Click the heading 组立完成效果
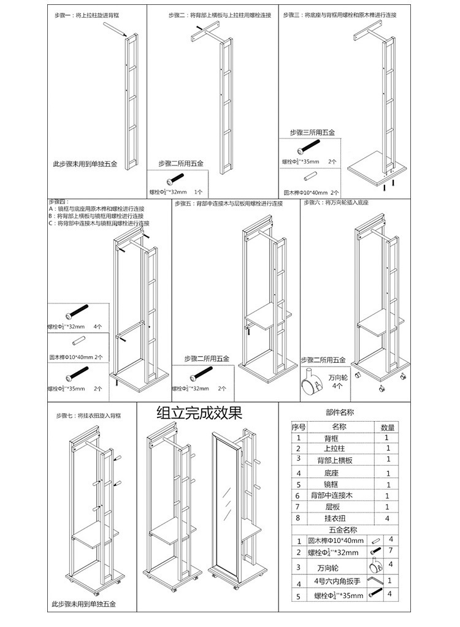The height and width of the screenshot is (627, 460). [199, 412]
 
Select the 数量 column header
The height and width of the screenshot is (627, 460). [388, 427]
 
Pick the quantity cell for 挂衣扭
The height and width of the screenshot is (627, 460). [388, 519]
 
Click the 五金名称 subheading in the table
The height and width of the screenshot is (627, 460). [343, 530]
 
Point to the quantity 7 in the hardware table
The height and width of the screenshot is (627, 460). [390, 550]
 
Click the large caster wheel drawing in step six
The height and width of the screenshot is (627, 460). [310, 385]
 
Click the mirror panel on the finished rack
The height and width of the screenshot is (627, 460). [224, 503]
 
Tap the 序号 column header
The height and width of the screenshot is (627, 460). [299, 427]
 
